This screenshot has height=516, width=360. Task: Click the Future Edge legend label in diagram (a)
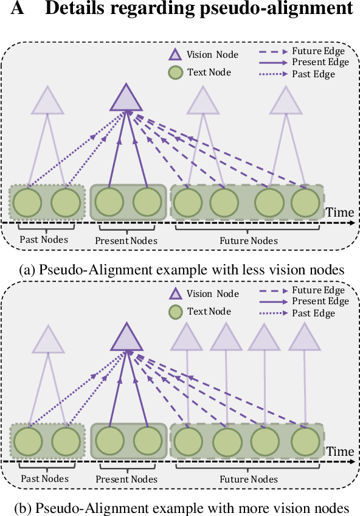click(x=318, y=51)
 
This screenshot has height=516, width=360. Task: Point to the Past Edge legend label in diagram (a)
click(x=313, y=74)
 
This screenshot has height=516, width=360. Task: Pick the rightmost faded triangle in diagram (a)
click(x=285, y=101)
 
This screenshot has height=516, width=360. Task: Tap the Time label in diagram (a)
click(x=339, y=212)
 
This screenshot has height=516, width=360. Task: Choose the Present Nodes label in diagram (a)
click(x=126, y=241)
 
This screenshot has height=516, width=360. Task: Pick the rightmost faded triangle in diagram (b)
click(x=303, y=338)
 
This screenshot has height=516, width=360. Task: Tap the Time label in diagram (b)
click(x=339, y=451)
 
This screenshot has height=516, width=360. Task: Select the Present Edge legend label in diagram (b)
click(x=320, y=301)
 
